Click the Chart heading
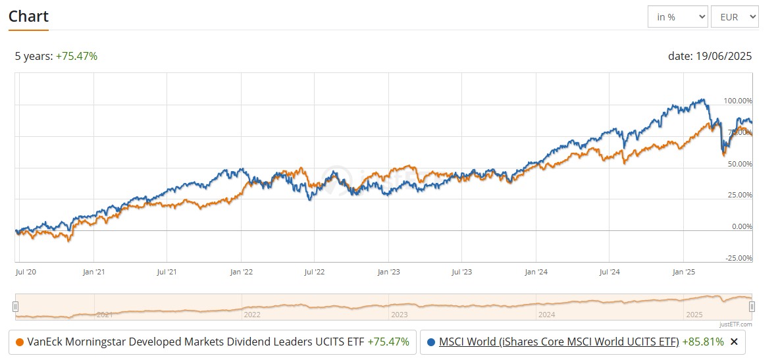(28, 16)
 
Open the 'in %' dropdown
(677, 17)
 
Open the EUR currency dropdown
(735, 17)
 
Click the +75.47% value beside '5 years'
(76, 56)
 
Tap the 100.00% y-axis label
(737, 101)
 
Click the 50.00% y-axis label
(739, 164)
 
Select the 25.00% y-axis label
(739, 195)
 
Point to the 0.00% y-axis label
(740, 226)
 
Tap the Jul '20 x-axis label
(26, 271)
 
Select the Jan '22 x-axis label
(240, 271)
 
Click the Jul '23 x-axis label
(462, 271)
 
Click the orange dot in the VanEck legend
(19, 342)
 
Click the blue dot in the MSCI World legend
(431, 342)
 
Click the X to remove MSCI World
(734, 342)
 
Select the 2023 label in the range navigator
(399, 315)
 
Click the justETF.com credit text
(735, 324)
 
